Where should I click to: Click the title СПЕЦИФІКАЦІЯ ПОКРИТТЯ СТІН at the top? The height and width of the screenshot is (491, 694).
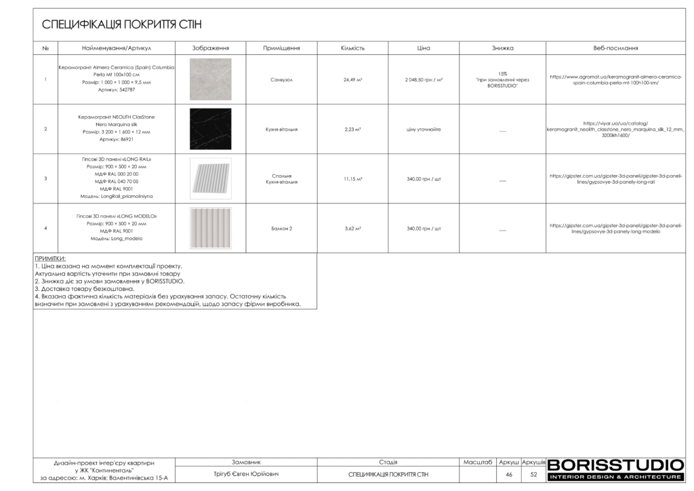[122, 25]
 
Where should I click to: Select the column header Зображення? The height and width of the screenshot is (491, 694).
[211, 48]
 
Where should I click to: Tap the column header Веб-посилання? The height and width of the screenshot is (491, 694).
[615, 48]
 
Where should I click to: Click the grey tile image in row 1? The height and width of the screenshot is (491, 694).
[210, 79]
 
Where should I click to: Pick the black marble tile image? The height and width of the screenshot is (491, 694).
[210, 129]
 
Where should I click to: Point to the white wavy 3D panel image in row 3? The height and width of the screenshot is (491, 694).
[210, 179]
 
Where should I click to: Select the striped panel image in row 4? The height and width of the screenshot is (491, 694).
[210, 228]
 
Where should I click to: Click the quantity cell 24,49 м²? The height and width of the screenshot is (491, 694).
[352, 79]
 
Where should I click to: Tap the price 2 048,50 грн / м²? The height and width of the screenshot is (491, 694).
[424, 79]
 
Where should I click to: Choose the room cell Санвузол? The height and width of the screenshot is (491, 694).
[281, 79]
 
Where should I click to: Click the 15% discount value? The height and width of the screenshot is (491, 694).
[502, 73]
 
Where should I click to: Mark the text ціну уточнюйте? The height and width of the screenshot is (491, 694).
[424, 129]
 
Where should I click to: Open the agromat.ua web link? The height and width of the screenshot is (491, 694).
[615, 79]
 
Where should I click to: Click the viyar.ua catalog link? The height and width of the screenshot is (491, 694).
[615, 129]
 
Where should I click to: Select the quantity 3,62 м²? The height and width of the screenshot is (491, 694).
[352, 229]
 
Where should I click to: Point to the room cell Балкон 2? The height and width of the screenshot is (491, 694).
[281, 229]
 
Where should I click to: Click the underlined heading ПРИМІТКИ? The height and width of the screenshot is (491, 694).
[50, 258]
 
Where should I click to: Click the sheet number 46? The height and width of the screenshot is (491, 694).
[508, 475]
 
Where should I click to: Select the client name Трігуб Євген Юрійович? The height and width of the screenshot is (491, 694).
[246, 474]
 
